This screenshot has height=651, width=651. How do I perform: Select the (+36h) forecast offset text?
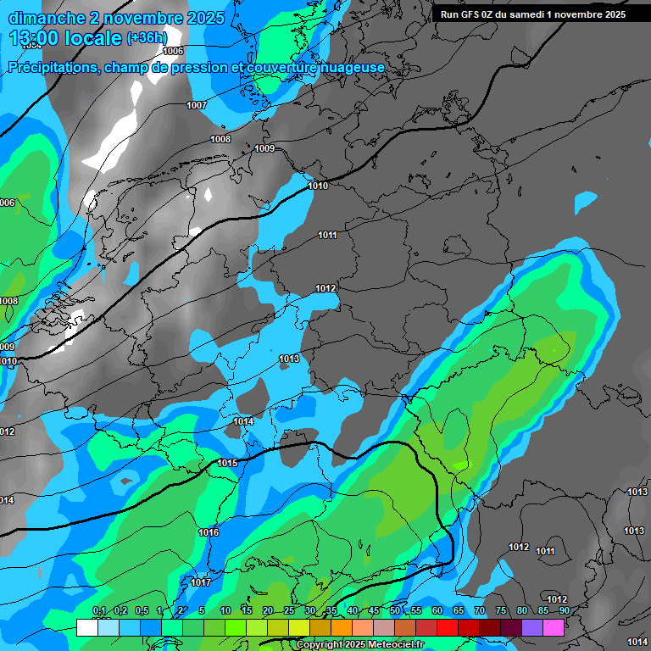click(x=147, y=38)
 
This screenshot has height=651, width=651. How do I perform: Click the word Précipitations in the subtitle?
click(x=53, y=68)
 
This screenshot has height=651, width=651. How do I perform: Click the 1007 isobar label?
click(x=197, y=105)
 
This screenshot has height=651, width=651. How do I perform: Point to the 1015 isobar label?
click(x=227, y=463)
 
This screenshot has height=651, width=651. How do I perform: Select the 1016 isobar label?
click(x=209, y=532)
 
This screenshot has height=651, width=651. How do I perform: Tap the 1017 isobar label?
click(x=201, y=582)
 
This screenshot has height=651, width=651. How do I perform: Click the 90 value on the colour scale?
click(x=564, y=611)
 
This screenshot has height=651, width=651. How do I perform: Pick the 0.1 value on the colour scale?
click(x=99, y=611)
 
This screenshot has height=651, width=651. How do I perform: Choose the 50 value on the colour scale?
click(x=395, y=611)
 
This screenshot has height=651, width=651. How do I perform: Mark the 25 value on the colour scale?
click(x=289, y=611)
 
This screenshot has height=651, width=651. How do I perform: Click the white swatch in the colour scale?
click(x=86, y=627)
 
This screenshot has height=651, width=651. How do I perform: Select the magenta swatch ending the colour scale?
click(x=554, y=627)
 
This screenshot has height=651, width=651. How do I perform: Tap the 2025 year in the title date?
click(x=206, y=18)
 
